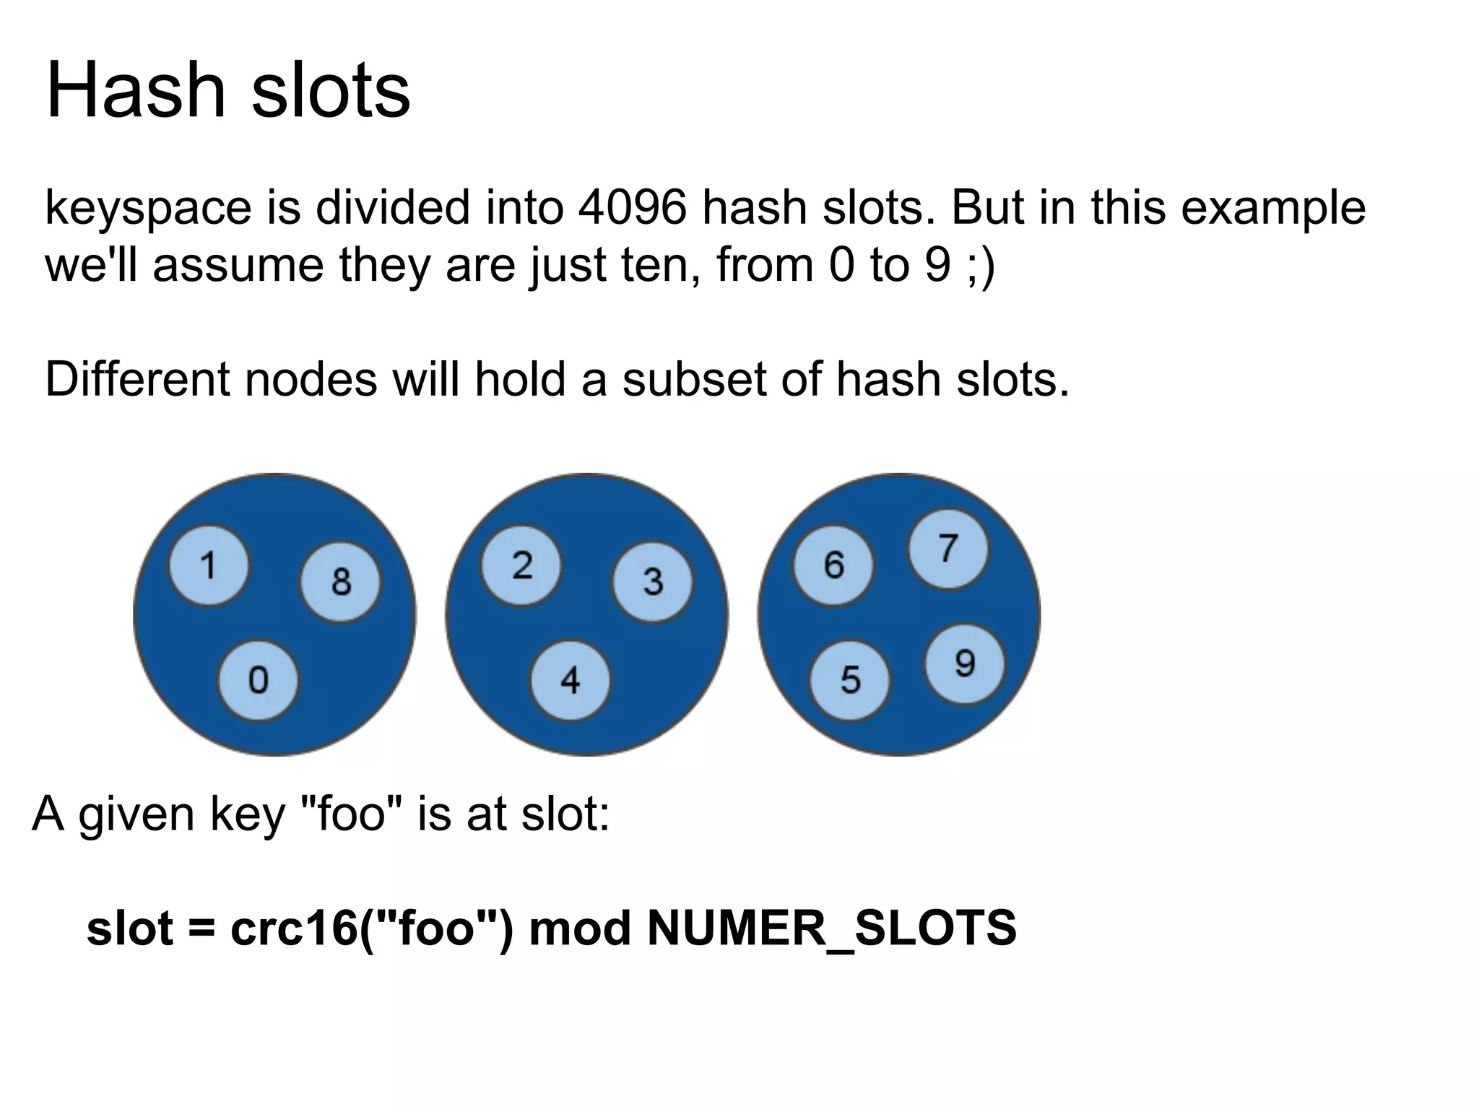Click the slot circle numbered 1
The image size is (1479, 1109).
pos(209,565)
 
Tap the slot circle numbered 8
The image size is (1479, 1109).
pos(340,581)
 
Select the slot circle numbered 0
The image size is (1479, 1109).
pos(258,680)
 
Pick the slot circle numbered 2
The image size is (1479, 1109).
pos(521,565)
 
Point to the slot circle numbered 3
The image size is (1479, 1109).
pos(652,581)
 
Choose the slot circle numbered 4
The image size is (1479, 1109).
pos(570,680)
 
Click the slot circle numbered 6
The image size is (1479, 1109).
pos(833,565)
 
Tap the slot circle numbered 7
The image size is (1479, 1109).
pos(947,549)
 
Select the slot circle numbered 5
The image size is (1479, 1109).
pos(850,680)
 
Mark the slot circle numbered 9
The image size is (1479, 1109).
pos(964,664)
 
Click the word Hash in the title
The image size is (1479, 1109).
pos(136,92)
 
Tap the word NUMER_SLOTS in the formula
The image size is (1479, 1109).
pos(831,928)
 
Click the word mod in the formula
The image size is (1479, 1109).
pos(580,928)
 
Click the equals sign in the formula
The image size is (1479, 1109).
pos(201,928)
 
